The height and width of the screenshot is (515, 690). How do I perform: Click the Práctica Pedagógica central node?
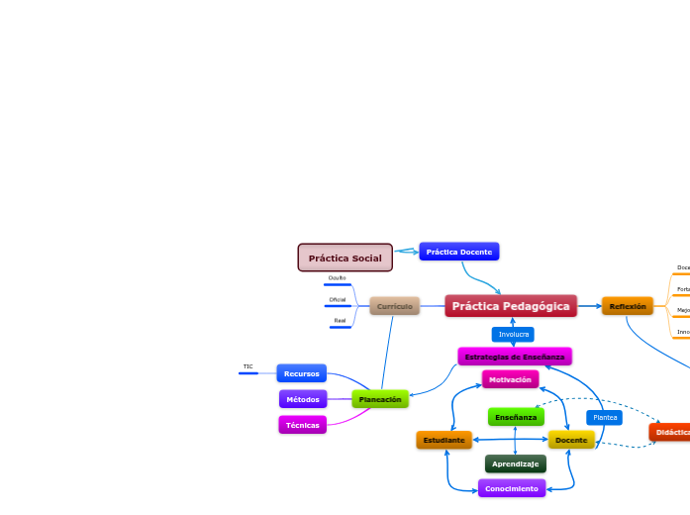(x=511, y=306)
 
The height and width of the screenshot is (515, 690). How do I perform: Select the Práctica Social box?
(x=345, y=257)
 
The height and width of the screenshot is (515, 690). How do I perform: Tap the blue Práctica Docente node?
(x=458, y=252)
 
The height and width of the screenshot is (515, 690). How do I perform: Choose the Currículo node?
(x=394, y=306)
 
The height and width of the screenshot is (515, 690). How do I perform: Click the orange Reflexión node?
(x=627, y=306)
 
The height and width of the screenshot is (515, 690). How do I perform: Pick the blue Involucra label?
(x=513, y=334)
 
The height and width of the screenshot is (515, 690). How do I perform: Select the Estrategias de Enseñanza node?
(x=514, y=356)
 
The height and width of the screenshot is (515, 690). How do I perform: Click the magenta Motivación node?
(x=510, y=379)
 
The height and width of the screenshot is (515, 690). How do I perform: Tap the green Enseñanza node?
(x=515, y=417)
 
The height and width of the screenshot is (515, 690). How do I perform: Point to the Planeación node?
(x=380, y=398)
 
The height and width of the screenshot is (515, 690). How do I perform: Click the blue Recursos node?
(x=301, y=373)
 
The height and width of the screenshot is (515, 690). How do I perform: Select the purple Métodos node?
(x=302, y=399)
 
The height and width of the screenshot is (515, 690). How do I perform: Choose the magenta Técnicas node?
(x=302, y=424)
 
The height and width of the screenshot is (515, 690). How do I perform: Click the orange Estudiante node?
(x=444, y=439)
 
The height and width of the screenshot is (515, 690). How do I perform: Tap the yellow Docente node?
(x=571, y=439)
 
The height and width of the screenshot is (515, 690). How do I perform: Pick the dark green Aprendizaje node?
(x=515, y=463)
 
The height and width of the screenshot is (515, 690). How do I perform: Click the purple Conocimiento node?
(x=511, y=488)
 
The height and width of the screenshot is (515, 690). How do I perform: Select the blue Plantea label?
(x=604, y=417)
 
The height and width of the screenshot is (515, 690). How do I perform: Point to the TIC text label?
(x=247, y=366)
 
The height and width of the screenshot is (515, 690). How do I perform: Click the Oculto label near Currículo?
(x=337, y=278)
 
